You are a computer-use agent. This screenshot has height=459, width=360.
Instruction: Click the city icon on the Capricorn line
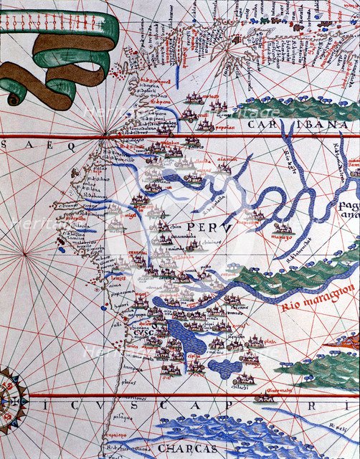coord(266,395)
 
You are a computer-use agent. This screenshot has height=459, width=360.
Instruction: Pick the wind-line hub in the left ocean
coord(25,252)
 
